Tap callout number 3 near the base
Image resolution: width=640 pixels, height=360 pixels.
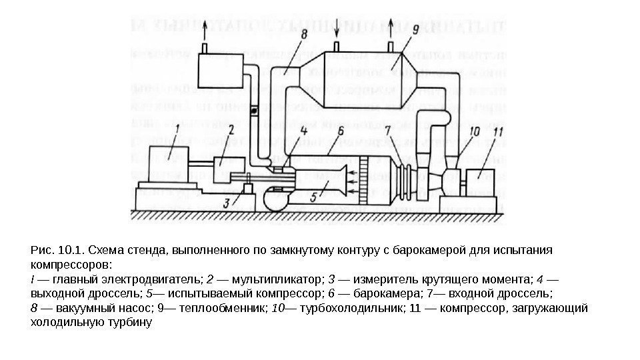(x=227, y=202)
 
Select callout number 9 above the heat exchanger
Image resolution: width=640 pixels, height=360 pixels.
(x=415, y=29)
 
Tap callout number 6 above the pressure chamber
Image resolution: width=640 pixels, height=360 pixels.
(x=340, y=133)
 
